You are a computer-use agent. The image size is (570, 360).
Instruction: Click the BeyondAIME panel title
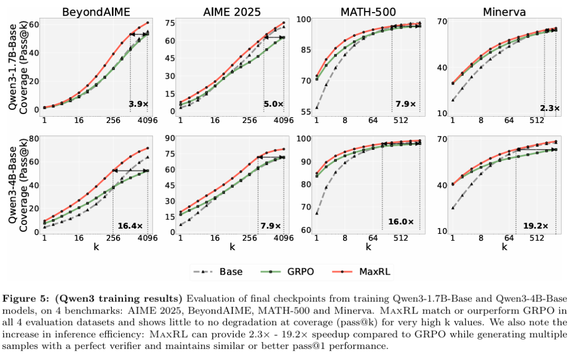pyautogui.click(x=96, y=12)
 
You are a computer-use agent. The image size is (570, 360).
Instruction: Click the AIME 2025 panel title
pyautogui.click(x=232, y=12)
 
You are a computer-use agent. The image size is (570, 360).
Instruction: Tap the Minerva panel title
pyautogui.click(x=503, y=12)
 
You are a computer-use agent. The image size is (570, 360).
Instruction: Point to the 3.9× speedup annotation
pyautogui.click(x=139, y=104)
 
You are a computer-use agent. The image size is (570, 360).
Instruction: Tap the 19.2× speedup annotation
pyautogui.click(x=536, y=226)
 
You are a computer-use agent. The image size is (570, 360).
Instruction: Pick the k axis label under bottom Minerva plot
pyautogui.click(x=504, y=247)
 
